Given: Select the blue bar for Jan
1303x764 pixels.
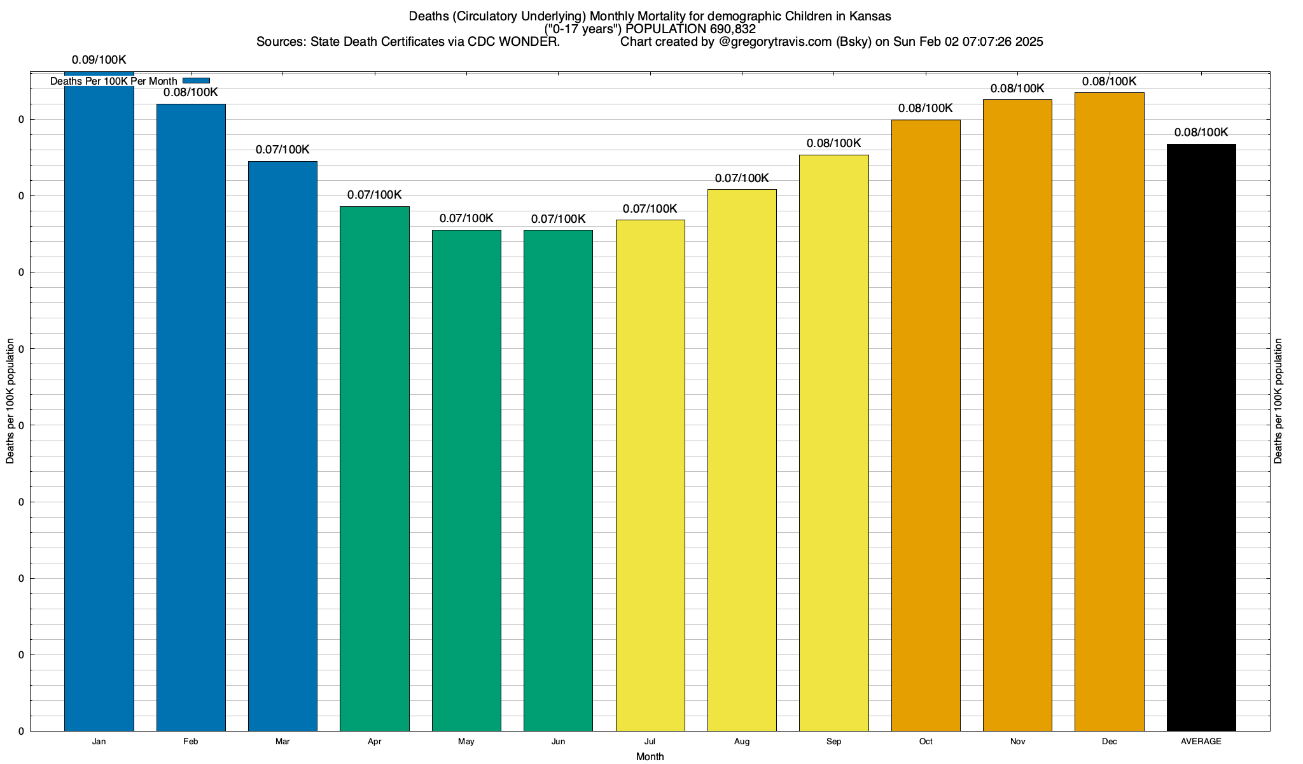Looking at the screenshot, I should click(x=99, y=407).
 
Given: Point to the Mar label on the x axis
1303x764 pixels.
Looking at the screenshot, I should click(x=282, y=742).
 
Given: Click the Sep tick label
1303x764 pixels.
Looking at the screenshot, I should click(x=833, y=742).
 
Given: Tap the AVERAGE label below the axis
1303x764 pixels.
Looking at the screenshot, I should click(x=1201, y=742).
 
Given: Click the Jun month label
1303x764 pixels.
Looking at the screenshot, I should click(x=558, y=742).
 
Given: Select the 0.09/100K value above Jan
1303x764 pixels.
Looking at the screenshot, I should click(x=99, y=60).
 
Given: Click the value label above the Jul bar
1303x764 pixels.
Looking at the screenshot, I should click(x=650, y=209).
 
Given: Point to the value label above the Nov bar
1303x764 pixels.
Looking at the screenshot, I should click(x=1017, y=88).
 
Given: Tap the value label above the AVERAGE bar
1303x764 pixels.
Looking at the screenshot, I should click(x=1201, y=132).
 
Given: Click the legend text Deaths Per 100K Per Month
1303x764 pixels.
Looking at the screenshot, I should click(x=114, y=81).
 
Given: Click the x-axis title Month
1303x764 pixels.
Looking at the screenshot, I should click(x=650, y=757).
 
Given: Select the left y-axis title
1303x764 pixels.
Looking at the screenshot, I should click(x=10, y=401).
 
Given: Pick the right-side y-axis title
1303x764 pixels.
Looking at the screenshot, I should click(x=1278, y=401).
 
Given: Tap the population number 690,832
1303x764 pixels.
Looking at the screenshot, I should click(x=732, y=29).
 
